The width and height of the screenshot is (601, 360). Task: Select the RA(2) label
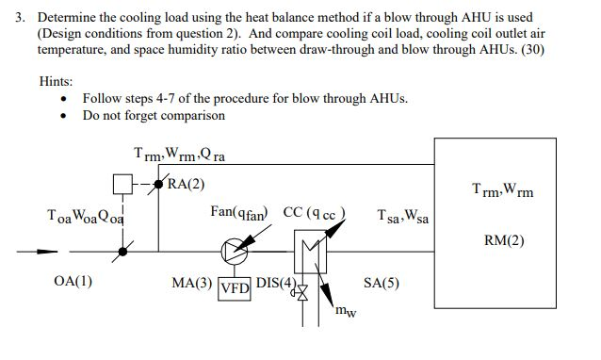[x=187, y=183]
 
